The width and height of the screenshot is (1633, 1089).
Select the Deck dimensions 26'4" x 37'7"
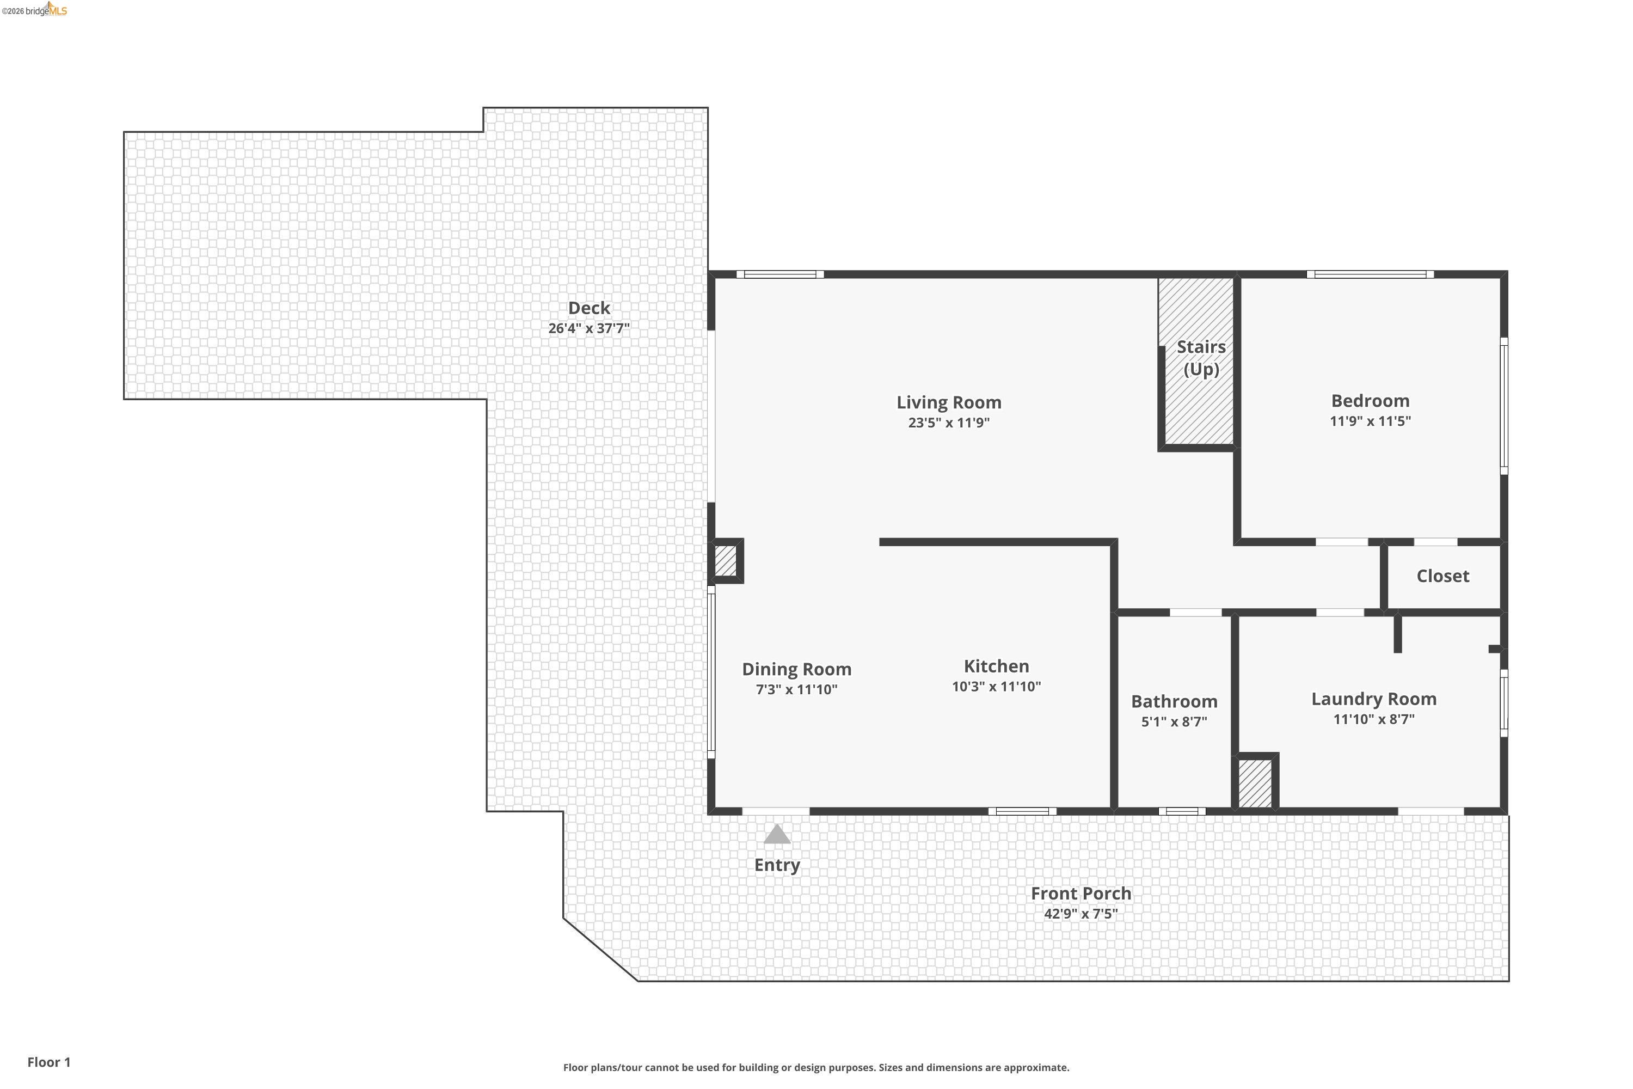[x=589, y=328]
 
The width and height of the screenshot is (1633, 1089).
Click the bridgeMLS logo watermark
[x=35, y=10]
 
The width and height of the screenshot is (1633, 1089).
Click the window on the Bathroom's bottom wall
[x=1182, y=811]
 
